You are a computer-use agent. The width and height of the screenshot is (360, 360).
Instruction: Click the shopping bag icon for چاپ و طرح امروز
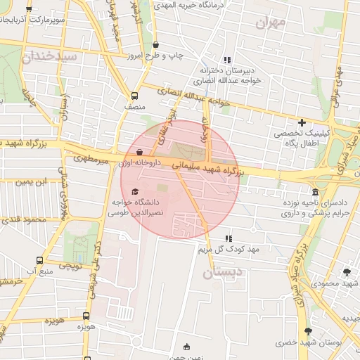coord(155,44)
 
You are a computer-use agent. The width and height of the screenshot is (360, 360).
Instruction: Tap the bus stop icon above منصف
coord(134,96)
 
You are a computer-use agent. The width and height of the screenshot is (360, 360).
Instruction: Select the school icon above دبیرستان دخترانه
coord(226,60)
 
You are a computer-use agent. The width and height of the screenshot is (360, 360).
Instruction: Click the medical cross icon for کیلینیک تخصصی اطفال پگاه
coord(302,122)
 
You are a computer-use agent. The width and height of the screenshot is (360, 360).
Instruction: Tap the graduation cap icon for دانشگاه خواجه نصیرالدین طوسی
coord(135,191)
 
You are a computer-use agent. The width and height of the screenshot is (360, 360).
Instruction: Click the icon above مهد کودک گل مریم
coord(227,239)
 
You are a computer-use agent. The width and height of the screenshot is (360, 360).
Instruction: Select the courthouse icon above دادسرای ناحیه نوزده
coord(314,191)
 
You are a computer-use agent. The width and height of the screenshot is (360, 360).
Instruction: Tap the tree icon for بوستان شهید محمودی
coord(347,272)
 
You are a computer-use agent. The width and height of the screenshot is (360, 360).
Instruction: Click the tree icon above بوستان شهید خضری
coord(308,330)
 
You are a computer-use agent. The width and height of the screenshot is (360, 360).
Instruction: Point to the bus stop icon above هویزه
coord(86,316)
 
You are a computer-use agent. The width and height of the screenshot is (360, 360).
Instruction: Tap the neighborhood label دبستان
coord(226,272)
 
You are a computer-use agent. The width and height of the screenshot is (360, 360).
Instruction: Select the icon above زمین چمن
coord(186,346)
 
